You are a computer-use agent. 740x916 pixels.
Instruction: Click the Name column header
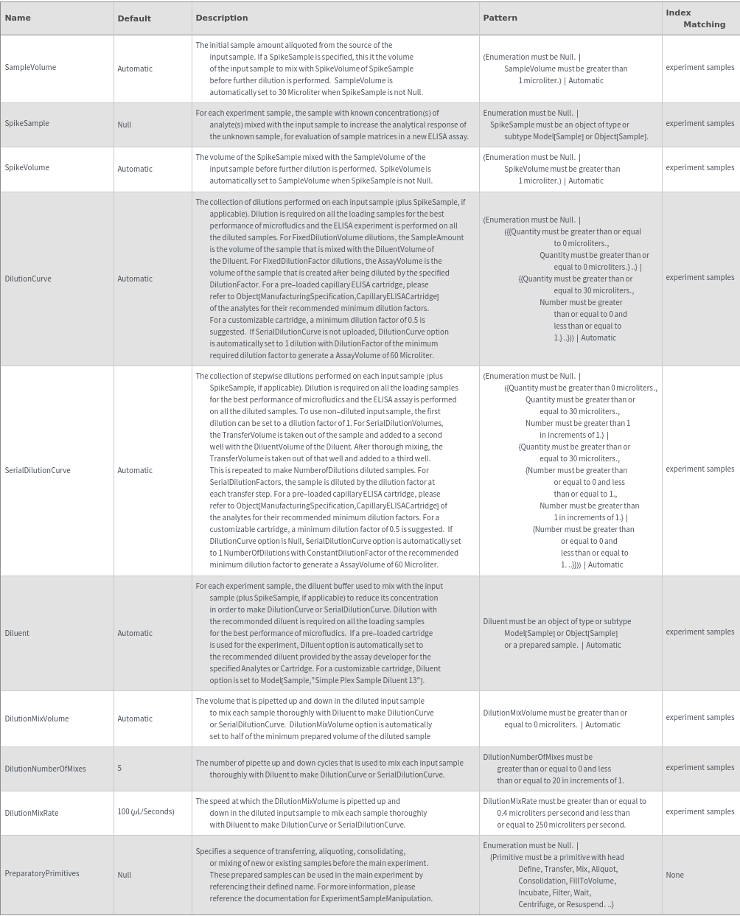pyautogui.click(x=18, y=18)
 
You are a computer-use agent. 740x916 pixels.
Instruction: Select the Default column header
pyautogui.click(x=134, y=18)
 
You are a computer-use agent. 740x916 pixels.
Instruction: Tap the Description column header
pyautogui.click(x=222, y=18)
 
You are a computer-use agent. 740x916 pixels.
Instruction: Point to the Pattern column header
pyautogui.click(x=500, y=18)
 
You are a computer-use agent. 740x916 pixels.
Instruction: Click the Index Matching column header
pyautogui.click(x=695, y=18)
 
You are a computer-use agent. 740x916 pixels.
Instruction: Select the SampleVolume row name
pyautogui.click(x=30, y=67)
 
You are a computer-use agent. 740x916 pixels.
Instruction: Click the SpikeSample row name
pyautogui.click(x=27, y=123)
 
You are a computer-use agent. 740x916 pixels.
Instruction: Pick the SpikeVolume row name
pyautogui.click(x=27, y=167)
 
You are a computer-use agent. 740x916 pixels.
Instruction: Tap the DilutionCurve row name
pyautogui.click(x=28, y=279)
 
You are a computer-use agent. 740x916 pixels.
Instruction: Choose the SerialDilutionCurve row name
pyautogui.click(x=38, y=470)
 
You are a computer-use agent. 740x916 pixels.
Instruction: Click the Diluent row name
pyautogui.click(x=17, y=633)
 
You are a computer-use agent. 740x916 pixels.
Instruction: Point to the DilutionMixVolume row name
pyautogui.click(x=37, y=719)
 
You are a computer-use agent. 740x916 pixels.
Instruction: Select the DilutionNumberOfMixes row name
pyautogui.click(x=45, y=769)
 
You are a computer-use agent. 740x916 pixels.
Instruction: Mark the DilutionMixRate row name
pyautogui.click(x=31, y=813)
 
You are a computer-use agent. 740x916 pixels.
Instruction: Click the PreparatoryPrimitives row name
pyautogui.click(x=42, y=873)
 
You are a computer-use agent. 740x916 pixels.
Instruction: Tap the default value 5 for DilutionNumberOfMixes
pyautogui.click(x=119, y=768)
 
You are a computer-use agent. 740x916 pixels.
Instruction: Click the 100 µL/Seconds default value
pyautogui.click(x=146, y=811)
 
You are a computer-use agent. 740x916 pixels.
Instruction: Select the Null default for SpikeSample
pyautogui.click(x=125, y=125)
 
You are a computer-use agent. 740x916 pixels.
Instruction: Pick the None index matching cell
pyautogui.click(x=674, y=875)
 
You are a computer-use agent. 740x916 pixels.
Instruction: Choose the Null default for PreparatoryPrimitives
pyautogui.click(x=125, y=875)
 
